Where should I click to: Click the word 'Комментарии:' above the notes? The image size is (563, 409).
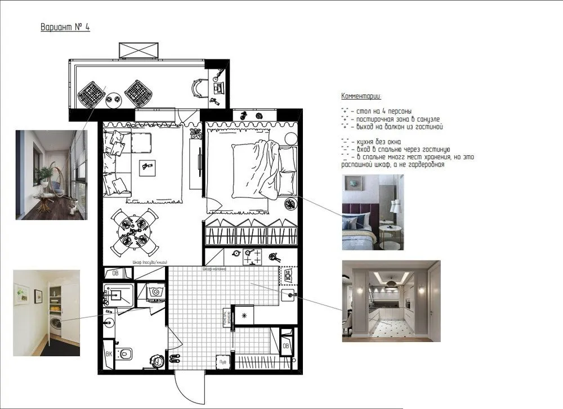coord(361,96)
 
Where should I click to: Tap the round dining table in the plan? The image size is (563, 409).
coord(134,230)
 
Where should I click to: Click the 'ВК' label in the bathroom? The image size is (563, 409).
coord(109,355)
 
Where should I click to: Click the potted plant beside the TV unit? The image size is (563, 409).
coord(196,133)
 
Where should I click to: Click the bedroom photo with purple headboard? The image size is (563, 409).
coord(373,213)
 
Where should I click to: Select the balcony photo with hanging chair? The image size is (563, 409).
coord(51,174)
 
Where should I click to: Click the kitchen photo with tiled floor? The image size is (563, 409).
coord(391,301)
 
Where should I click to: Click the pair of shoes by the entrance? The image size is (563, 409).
coord(174,358)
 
